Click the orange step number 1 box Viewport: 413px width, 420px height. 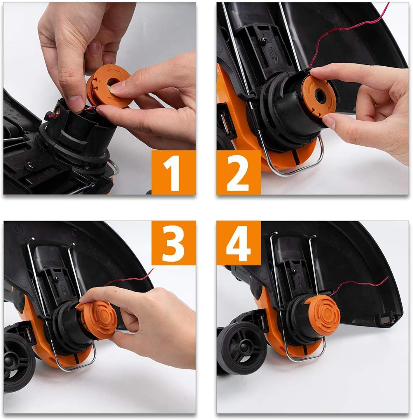[173, 173]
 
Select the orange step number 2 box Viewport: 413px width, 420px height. [238, 173]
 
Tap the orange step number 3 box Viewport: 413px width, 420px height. [173, 243]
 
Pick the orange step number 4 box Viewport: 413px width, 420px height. [238, 243]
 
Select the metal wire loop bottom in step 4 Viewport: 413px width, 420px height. [303, 360]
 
